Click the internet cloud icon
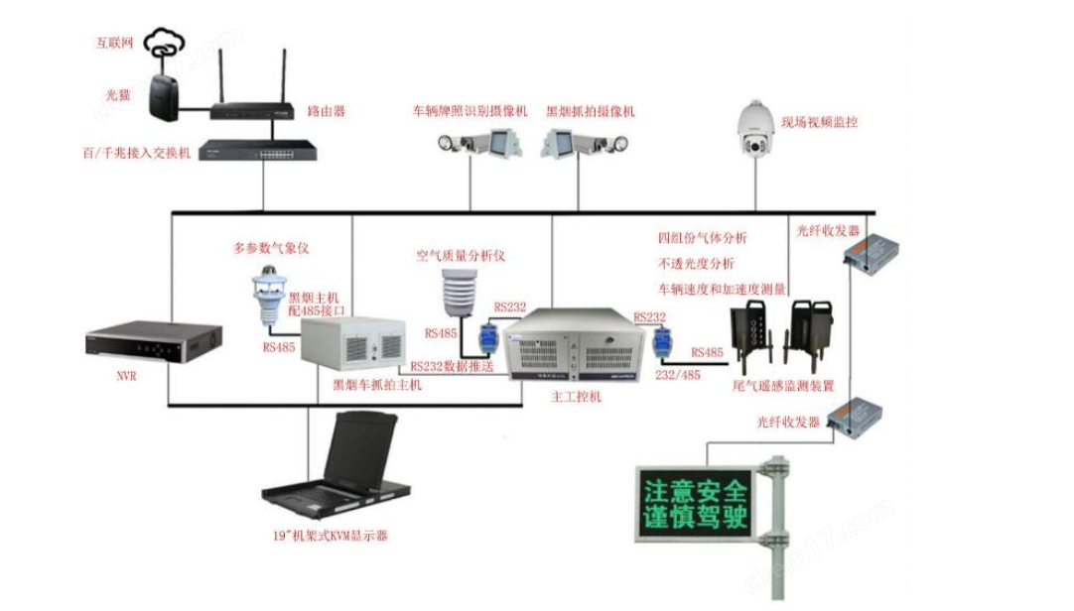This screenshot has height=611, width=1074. point(165,43)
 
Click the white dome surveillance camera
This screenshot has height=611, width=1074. point(760,132)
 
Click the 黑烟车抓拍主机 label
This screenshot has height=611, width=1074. point(377,384)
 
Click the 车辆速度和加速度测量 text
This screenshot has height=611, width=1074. point(722,289)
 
